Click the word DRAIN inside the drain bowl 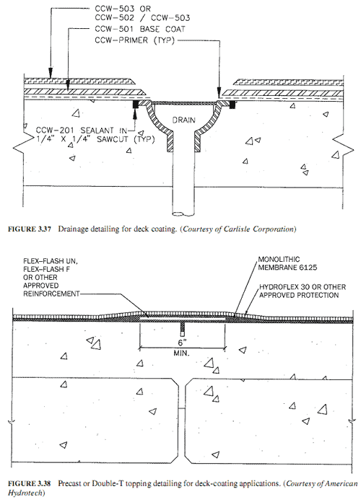click(183, 120)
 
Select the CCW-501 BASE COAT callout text click(140, 29)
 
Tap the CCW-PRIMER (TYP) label click(135, 40)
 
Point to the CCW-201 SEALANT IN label click(81, 131)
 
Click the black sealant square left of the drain click(135, 104)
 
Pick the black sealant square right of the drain click(232, 105)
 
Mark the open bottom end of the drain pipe click(183, 213)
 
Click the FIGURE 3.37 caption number click(30, 229)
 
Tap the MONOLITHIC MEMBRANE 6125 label click(287, 263)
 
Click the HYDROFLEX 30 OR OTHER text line click(303, 287)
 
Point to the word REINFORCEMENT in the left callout click(51, 294)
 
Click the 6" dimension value click(182, 343)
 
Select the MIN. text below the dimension click(181, 353)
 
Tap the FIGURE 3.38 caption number click(30, 483)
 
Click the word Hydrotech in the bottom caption click(25, 493)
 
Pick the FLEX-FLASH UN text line click(51, 261)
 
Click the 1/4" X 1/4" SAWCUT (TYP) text click(95, 139)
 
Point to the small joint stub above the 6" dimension click(182, 329)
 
